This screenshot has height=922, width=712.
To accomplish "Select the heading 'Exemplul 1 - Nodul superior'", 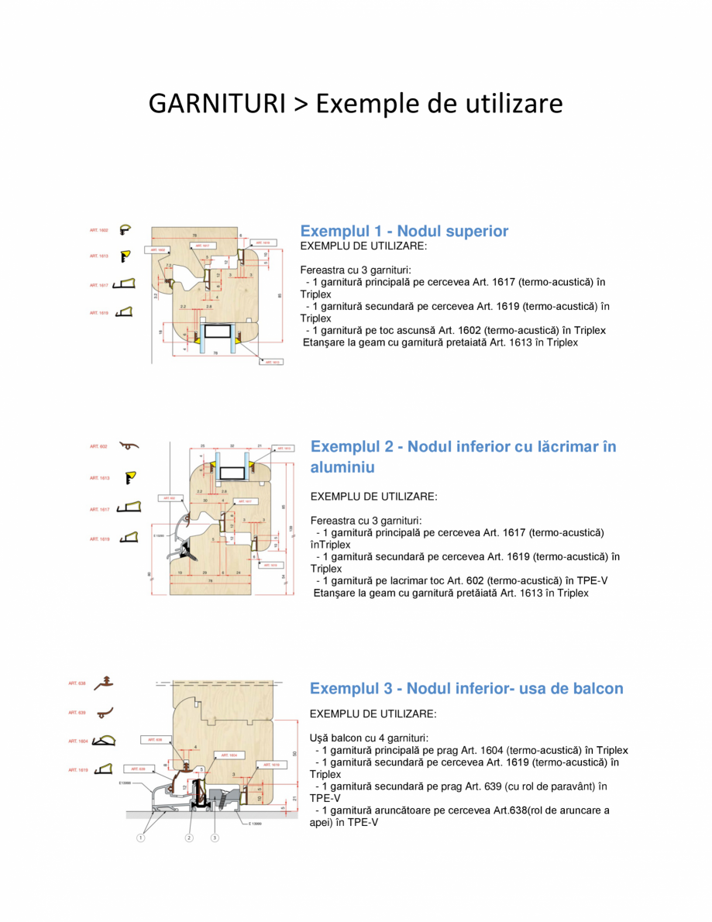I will point(404,231).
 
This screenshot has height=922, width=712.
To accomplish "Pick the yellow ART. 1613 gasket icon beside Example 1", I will point(125,255).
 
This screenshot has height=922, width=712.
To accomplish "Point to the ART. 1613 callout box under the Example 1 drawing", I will point(273,362).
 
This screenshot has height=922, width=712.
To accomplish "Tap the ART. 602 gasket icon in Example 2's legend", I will point(129,446).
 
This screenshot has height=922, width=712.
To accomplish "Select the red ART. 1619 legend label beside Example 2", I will point(98,538).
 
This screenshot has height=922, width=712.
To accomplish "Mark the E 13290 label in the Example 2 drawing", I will point(160,535).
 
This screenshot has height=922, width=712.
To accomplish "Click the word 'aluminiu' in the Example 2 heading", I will point(342,467).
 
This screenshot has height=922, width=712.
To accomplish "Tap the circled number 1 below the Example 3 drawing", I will point(142,838).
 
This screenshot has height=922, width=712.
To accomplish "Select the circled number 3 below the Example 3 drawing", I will point(215,838).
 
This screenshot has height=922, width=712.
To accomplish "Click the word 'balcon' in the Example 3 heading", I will point(595,688).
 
